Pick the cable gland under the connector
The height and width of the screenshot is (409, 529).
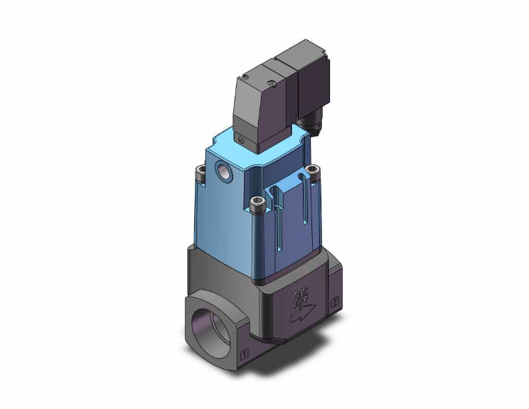311,127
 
